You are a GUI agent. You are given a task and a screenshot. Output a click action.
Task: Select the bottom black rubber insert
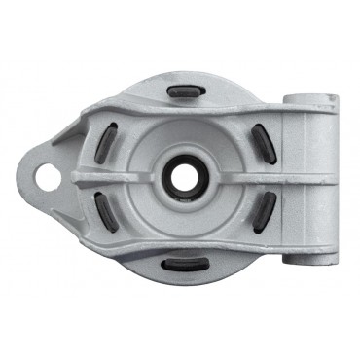click(x=181, y=264)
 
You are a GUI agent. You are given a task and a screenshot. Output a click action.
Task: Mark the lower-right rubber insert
click(x=264, y=210)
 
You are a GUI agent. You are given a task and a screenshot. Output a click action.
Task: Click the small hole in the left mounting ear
click(x=45, y=177)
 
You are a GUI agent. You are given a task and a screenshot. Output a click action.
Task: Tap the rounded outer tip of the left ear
click(x=28, y=177)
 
